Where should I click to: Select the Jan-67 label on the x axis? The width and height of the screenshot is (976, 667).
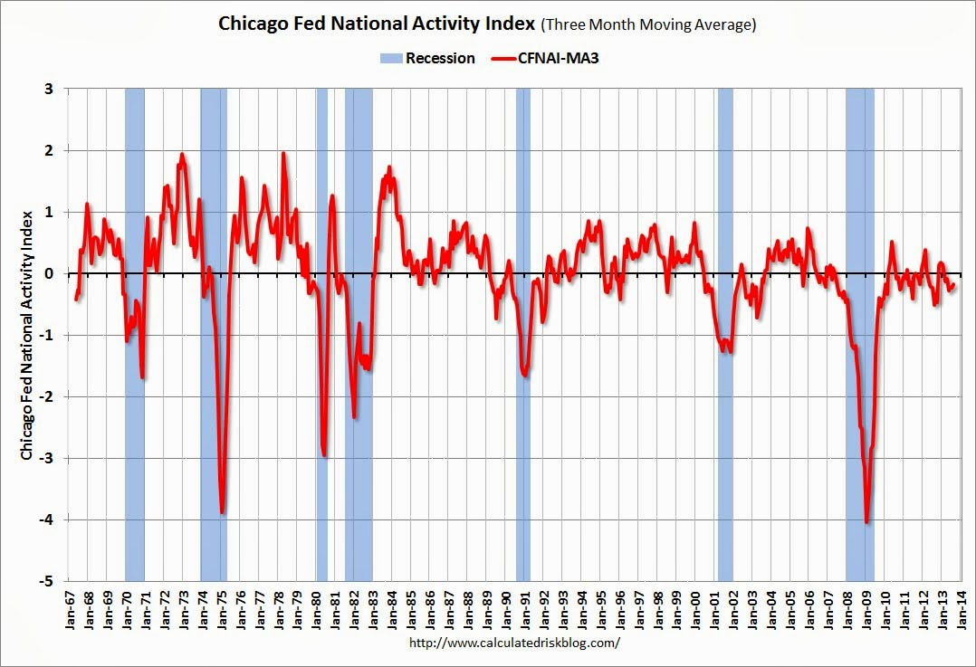(x=69, y=609)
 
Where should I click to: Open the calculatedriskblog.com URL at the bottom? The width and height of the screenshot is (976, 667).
(x=514, y=643)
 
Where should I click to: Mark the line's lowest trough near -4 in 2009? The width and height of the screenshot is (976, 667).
(x=866, y=522)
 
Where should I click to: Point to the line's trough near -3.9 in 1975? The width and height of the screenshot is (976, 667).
(x=222, y=513)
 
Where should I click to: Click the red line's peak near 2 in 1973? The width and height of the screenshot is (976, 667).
(x=181, y=154)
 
